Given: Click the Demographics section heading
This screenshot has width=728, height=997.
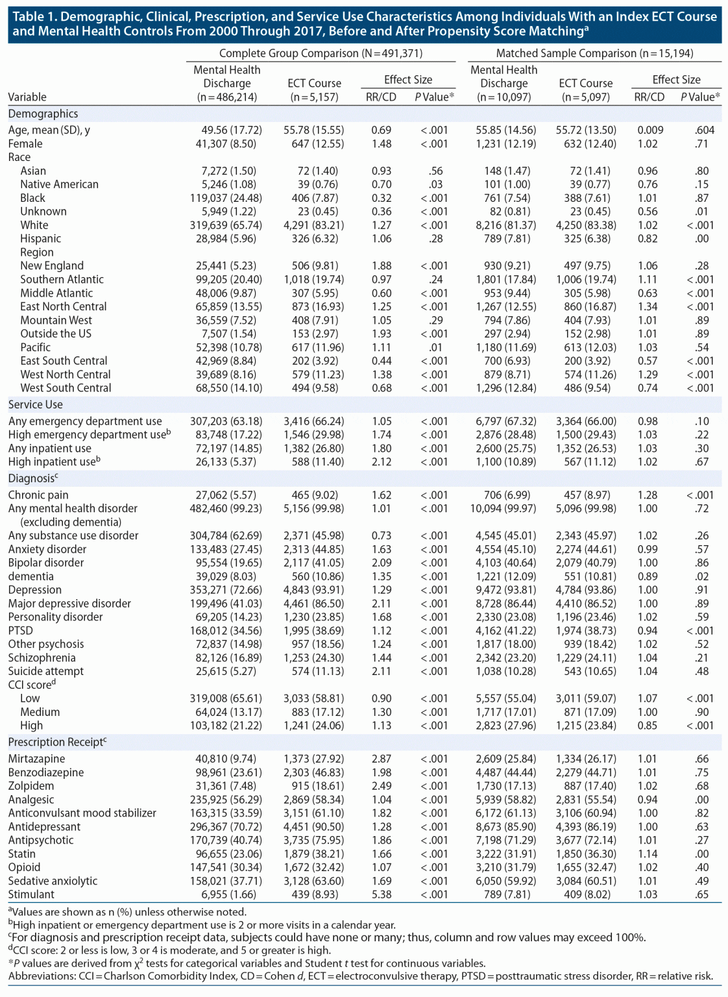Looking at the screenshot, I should (43, 114).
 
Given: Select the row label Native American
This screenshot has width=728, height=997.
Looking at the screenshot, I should (59, 184).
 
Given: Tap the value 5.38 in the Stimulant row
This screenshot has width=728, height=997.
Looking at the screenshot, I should (381, 894).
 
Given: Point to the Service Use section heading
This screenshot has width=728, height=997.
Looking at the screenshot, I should (36, 404).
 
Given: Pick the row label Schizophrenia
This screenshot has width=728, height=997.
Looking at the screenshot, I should (42, 658).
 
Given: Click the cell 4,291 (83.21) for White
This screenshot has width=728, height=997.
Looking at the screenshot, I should (313, 225).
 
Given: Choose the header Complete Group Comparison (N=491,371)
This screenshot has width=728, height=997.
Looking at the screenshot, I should (321, 53).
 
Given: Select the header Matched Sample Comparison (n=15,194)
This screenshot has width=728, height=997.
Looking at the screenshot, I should (594, 53).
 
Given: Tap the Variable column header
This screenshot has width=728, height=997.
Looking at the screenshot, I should (27, 97).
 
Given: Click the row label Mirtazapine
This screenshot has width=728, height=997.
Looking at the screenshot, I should (36, 759).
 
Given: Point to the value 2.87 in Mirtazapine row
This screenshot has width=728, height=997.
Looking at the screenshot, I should (381, 759).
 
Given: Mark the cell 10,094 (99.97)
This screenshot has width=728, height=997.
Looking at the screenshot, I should (503, 508).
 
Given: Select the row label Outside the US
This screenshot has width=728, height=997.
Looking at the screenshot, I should (56, 334).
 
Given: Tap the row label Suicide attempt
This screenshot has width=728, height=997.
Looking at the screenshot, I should (46, 671).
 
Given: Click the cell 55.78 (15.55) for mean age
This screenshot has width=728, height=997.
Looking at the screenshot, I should (313, 130).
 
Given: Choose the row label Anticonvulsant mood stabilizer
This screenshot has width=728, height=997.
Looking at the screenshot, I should (82, 813).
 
